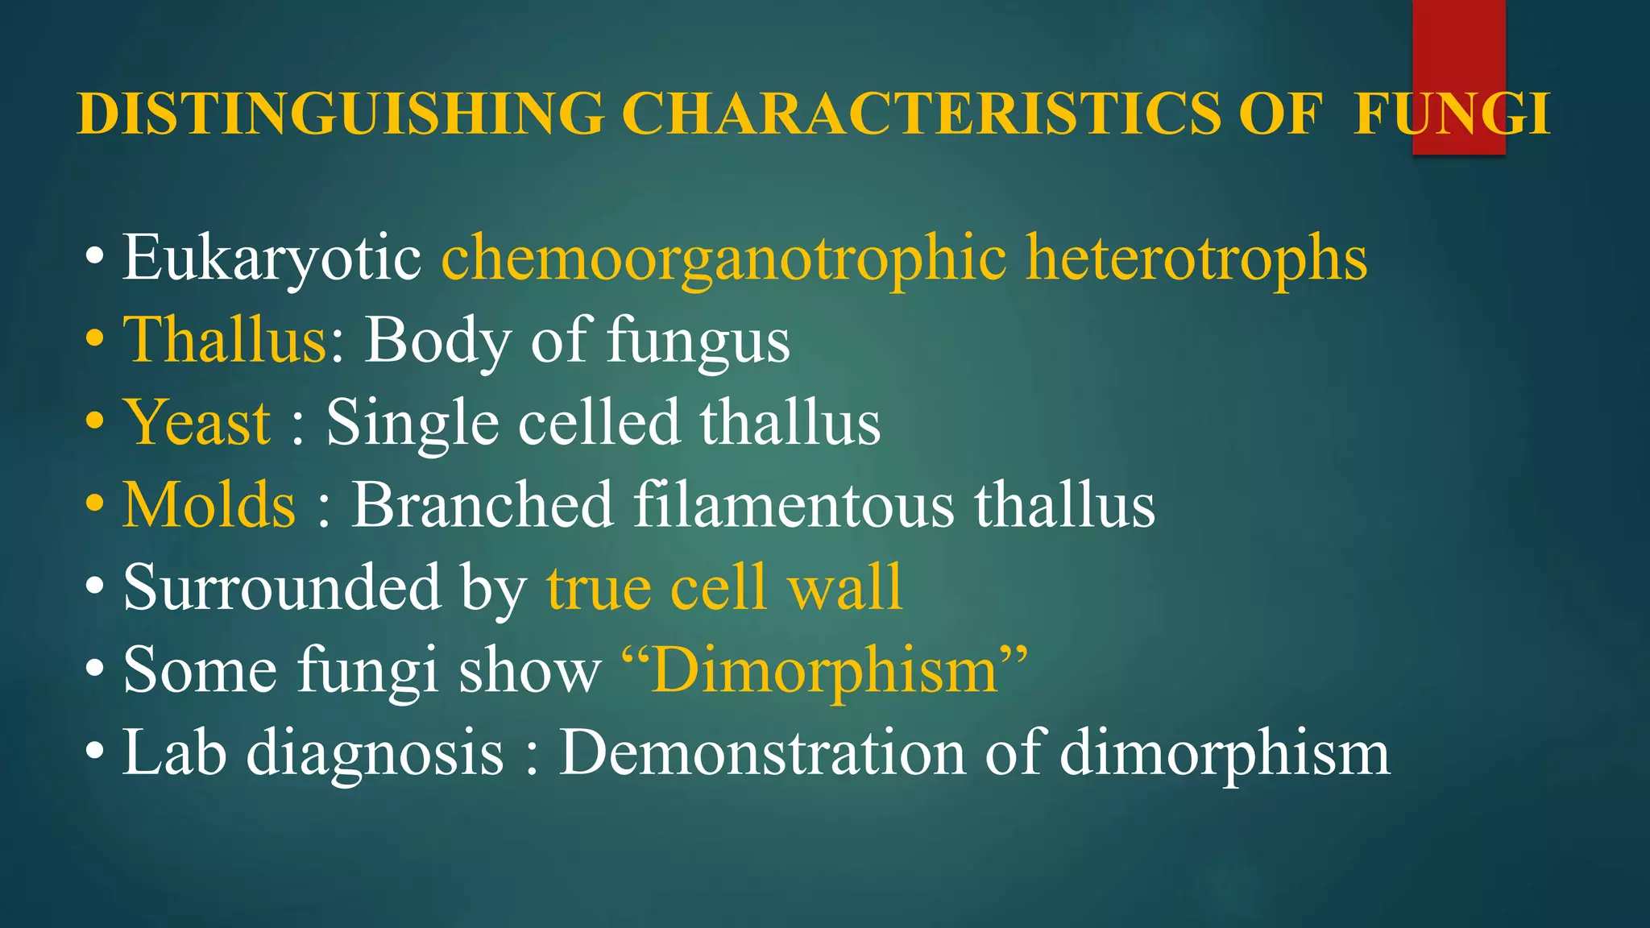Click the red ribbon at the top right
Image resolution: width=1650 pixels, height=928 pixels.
coord(1458,48)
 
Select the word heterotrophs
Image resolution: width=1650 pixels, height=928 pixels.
coord(1196,258)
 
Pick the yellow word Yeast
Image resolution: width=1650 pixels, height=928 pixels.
coord(197,423)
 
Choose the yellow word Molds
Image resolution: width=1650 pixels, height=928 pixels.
coord(209,505)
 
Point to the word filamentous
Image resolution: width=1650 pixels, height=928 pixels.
coord(794,505)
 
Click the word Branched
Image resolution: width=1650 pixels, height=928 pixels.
coord(483,505)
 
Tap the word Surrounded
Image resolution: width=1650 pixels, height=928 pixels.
coord(281,587)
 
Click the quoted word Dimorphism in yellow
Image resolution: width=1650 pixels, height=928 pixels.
coord(825,670)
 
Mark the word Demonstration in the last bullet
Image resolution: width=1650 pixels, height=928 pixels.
coord(762,752)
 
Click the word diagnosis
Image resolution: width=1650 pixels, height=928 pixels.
coord(375,754)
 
